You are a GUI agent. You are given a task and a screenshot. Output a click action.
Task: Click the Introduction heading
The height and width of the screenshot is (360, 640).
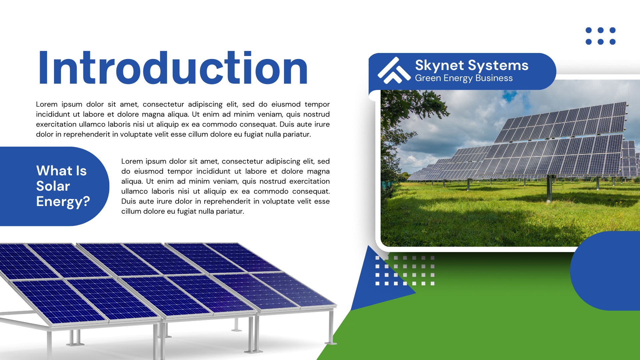(x=173, y=68)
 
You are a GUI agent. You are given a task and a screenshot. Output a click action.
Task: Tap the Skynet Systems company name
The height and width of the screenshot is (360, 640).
(x=472, y=65)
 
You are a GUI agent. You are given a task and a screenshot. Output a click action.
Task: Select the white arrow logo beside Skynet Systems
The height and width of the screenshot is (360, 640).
(x=394, y=70)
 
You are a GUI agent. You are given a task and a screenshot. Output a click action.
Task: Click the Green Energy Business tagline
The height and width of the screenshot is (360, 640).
(x=464, y=78)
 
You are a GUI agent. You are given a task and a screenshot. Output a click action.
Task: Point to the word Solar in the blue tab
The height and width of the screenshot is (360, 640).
(x=53, y=186)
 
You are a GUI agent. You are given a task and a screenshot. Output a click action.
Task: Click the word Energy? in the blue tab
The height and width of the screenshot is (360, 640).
(x=63, y=202)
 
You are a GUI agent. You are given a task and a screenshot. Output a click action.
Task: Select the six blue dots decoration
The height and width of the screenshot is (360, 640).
(x=601, y=36)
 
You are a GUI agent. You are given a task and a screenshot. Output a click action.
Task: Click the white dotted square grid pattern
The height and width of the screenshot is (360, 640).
(x=405, y=271)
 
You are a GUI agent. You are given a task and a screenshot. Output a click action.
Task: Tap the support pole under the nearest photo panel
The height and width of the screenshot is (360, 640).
(x=549, y=188)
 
